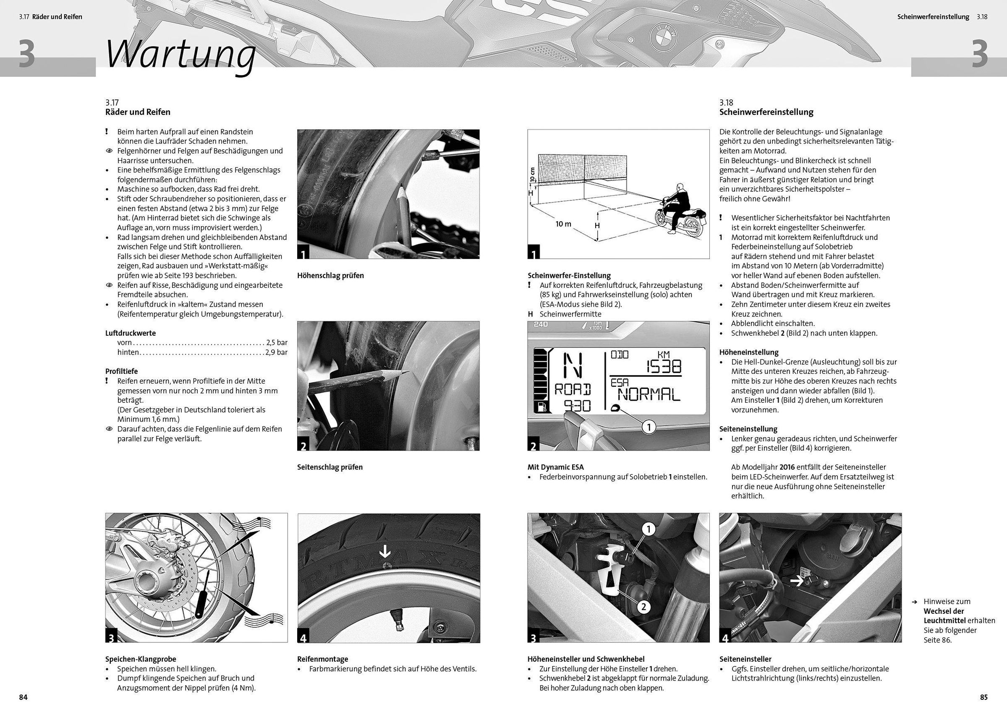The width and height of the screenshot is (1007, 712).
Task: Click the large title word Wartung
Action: [x=180, y=55]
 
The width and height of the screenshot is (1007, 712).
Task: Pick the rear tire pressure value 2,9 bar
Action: [x=276, y=352]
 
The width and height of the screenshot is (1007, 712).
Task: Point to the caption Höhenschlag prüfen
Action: [x=330, y=276]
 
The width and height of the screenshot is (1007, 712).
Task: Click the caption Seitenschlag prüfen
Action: [x=330, y=467]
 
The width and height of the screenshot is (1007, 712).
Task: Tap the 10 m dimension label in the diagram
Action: [x=563, y=224]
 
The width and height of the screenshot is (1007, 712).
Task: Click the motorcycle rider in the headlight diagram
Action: [x=679, y=206]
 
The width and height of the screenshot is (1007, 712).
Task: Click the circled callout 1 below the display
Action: [x=649, y=427]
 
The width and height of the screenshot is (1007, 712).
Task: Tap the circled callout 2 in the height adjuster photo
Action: [x=643, y=607]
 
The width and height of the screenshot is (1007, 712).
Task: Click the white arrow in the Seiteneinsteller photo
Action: [x=798, y=582]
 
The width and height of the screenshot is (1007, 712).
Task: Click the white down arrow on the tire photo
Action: [x=385, y=551]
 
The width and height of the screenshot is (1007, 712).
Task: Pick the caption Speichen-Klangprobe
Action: [x=140, y=659]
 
